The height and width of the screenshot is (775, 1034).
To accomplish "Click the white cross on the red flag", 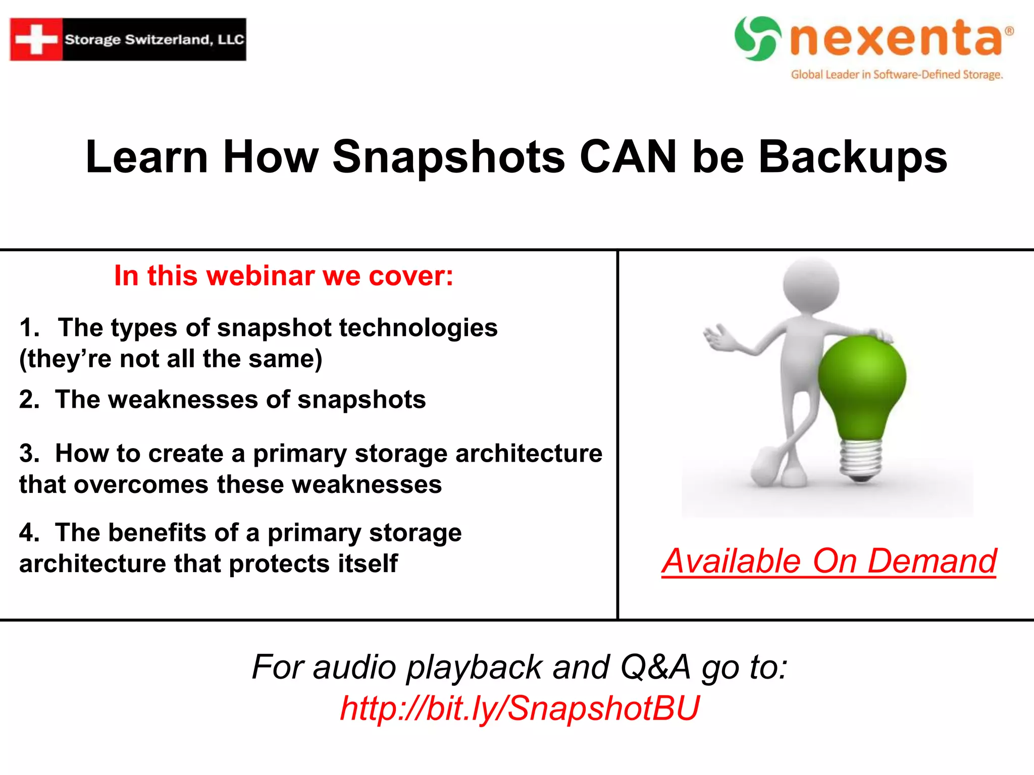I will pos(36,39).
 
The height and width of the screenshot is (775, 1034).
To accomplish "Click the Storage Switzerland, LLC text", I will pos(154,39).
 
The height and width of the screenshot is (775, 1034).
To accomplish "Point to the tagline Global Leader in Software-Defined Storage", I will pos(897,75).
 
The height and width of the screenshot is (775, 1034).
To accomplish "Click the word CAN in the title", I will pos(628,157).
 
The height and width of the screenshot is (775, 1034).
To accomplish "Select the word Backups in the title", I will pos(853,157).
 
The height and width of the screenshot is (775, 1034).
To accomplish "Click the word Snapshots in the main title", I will pos(448,157).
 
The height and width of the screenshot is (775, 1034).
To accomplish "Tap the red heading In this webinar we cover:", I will pos(284,276).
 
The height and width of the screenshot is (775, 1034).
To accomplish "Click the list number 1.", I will pos(29,328).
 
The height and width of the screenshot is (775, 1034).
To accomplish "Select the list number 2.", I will pos(29,400).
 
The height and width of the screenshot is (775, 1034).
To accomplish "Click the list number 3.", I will pos(29,454).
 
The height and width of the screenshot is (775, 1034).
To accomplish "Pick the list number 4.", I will pos(29,533).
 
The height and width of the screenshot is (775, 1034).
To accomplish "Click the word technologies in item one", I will pos(418,328).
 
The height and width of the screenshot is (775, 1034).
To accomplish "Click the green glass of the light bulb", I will pos(861,383).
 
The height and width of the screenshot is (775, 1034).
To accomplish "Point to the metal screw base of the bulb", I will pos(861,459).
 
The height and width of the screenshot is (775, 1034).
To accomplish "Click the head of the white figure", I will pos(811,285).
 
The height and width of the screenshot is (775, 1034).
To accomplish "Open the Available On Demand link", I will pos(829,561).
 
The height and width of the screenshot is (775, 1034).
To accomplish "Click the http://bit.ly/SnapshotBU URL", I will pos(520,708).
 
